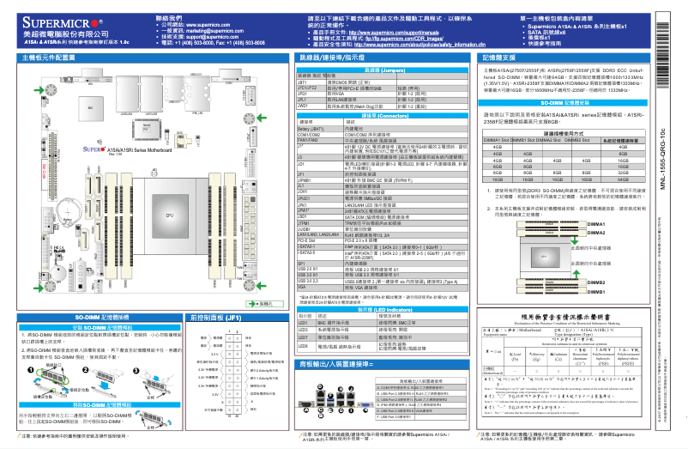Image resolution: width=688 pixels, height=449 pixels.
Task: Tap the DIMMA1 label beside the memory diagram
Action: tap(598, 223)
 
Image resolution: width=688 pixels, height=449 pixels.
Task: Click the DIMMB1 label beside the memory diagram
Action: tap(598, 292)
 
